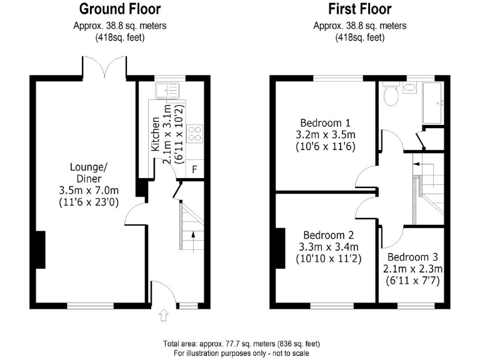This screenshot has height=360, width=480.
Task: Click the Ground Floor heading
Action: point(120,9)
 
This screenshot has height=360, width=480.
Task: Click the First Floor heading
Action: point(360,9)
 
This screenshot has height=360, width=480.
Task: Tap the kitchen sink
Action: point(167,91)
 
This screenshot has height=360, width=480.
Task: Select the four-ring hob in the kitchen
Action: point(195,132)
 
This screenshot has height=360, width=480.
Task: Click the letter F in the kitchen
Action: point(194,169)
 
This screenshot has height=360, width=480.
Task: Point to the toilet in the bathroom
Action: point(391,95)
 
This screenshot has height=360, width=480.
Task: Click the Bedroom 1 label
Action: point(325,122)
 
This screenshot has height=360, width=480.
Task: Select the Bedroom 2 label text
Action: point(326,236)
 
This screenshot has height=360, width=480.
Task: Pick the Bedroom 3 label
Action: point(412,257)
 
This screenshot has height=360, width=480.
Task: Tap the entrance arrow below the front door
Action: point(164,316)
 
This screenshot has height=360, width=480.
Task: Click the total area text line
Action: point(241,344)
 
